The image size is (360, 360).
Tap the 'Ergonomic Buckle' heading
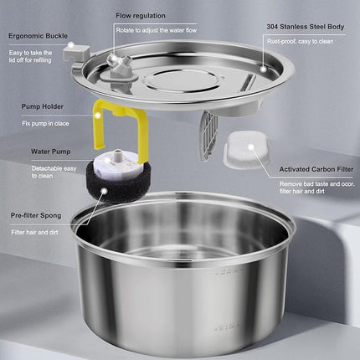pyautogui.click(x=39, y=37)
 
